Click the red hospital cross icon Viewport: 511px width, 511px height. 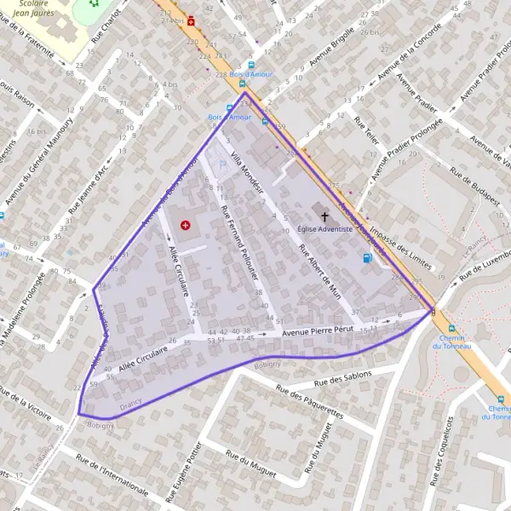point(186,225)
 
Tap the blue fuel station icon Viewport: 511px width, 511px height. point(367,258)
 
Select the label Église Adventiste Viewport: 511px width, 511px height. point(324,229)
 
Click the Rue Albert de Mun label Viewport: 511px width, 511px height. point(322,273)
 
